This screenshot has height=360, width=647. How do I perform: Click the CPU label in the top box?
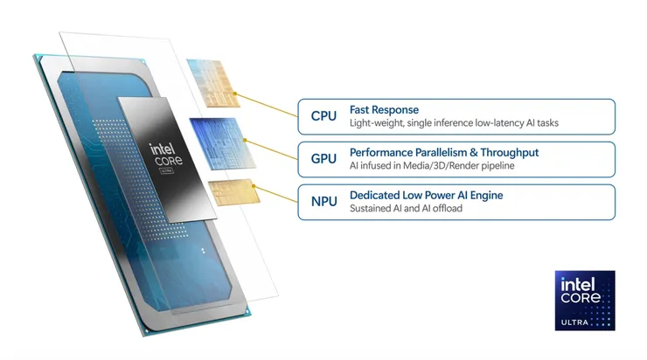(323, 116)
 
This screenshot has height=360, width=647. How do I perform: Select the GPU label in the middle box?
(323, 159)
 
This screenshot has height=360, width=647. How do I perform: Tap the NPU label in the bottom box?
(323, 202)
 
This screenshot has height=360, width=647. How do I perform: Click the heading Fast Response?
(384, 110)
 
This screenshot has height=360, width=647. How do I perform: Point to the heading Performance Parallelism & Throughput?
(443, 153)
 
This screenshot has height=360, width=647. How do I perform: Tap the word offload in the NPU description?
(442, 209)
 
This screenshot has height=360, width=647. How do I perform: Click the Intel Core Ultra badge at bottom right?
(585, 300)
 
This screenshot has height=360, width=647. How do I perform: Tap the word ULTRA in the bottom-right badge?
(585, 323)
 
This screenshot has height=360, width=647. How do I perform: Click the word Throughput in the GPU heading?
(509, 153)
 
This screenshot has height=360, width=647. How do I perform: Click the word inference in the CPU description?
(454, 123)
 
